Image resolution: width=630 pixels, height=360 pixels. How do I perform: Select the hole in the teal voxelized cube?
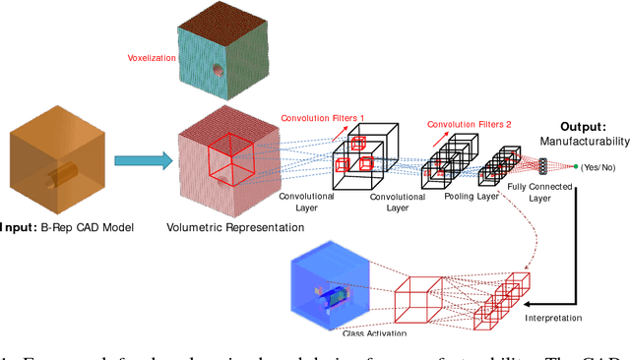216,71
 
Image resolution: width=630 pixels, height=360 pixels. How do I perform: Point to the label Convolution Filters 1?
323,119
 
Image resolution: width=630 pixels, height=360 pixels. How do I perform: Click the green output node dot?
576,165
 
